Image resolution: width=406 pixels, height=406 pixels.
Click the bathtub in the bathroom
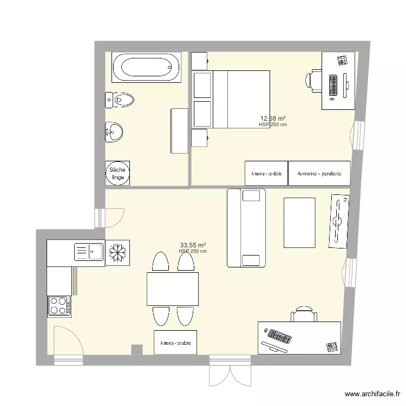pyautogui.click(x=146, y=68)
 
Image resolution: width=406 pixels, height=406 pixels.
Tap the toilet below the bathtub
pyautogui.click(x=120, y=100)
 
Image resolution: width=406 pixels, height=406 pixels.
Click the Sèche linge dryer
pyautogui.click(x=118, y=173)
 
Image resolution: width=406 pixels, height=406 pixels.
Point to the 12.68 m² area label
pyautogui.click(x=273, y=119)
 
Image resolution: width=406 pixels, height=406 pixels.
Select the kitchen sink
pyautogui.click(x=90, y=251)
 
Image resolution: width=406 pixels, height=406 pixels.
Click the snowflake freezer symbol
pyautogui.click(x=117, y=252)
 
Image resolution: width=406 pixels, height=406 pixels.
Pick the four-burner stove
pyautogui.click(x=59, y=306)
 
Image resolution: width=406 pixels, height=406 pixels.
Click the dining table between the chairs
pyautogui.click(x=173, y=289)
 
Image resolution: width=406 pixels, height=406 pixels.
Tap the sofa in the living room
pyautogui.click(x=246, y=228)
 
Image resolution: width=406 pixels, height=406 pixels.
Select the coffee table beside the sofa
pyautogui.click(x=299, y=222)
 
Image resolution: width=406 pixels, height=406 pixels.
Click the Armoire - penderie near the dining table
pyautogui.click(x=175, y=343)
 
